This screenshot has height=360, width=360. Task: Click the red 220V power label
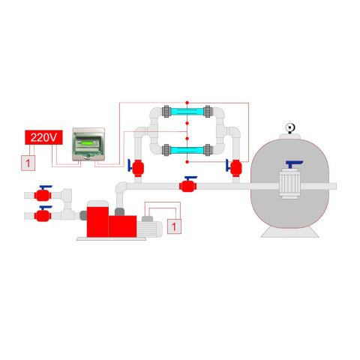pyautogui.click(x=43, y=137)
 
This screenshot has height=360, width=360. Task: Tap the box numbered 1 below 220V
pyautogui.click(x=28, y=163)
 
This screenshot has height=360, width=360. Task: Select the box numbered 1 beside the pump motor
pyautogui.click(x=174, y=226)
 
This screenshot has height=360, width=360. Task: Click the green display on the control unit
pyautogui.click(x=88, y=143)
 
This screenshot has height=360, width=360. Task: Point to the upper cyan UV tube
pyautogui.click(x=187, y=111)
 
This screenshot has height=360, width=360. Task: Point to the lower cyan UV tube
pyautogui.click(x=187, y=151)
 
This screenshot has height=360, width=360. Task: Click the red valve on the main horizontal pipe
pyautogui.click(x=188, y=186)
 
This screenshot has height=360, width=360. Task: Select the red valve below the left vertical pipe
pyautogui.click(x=137, y=168)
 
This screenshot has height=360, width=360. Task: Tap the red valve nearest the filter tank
pyautogui.click(x=235, y=168)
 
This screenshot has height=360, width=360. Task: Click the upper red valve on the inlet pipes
pyautogui.click(x=43, y=195)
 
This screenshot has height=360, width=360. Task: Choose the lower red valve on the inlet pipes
pyautogui.click(x=43, y=215)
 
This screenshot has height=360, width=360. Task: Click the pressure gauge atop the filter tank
pyautogui.click(x=290, y=128)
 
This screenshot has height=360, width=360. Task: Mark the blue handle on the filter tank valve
pyautogui.click(x=294, y=164)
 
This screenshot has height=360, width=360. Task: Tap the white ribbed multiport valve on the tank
pyautogui.click(x=289, y=184)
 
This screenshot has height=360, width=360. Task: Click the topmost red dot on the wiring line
pyautogui.click(x=187, y=103)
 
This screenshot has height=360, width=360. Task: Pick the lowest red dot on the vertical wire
pyautogui.click(x=187, y=162)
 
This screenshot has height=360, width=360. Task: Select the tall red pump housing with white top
pyautogui.click(x=97, y=219)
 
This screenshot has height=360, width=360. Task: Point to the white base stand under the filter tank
pyautogui.click(x=289, y=232)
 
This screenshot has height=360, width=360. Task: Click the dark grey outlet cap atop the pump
pyautogui.click(x=119, y=211)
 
